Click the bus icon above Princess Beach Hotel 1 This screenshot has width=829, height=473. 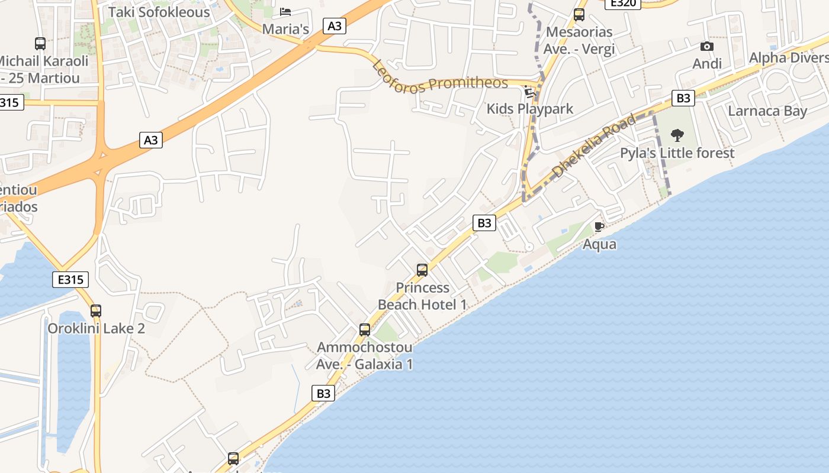(422, 270)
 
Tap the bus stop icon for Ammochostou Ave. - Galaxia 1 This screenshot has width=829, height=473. (365, 330)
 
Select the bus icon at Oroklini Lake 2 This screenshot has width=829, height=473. (96, 311)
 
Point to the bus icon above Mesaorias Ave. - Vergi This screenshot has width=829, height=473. (579, 15)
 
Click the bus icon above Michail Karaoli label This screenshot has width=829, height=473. (40, 44)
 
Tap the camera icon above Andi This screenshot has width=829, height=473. (706, 47)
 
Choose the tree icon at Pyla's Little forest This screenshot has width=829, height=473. (677, 135)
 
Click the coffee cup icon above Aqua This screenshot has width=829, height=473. (599, 226)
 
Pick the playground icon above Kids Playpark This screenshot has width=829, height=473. (530, 92)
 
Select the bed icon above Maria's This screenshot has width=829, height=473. (285, 12)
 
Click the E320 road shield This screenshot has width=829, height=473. (622, 3)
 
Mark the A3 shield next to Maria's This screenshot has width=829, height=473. (335, 25)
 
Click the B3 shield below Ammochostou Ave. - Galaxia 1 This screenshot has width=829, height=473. (323, 393)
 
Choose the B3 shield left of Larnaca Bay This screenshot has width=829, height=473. (683, 98)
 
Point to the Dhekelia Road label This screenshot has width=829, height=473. (594, 145)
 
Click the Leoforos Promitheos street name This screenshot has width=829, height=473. (441, 77)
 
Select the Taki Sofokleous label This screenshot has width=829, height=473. (159, 12)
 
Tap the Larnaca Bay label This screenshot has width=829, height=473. (767, 111)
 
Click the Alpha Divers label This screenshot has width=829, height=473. (788, 58)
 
